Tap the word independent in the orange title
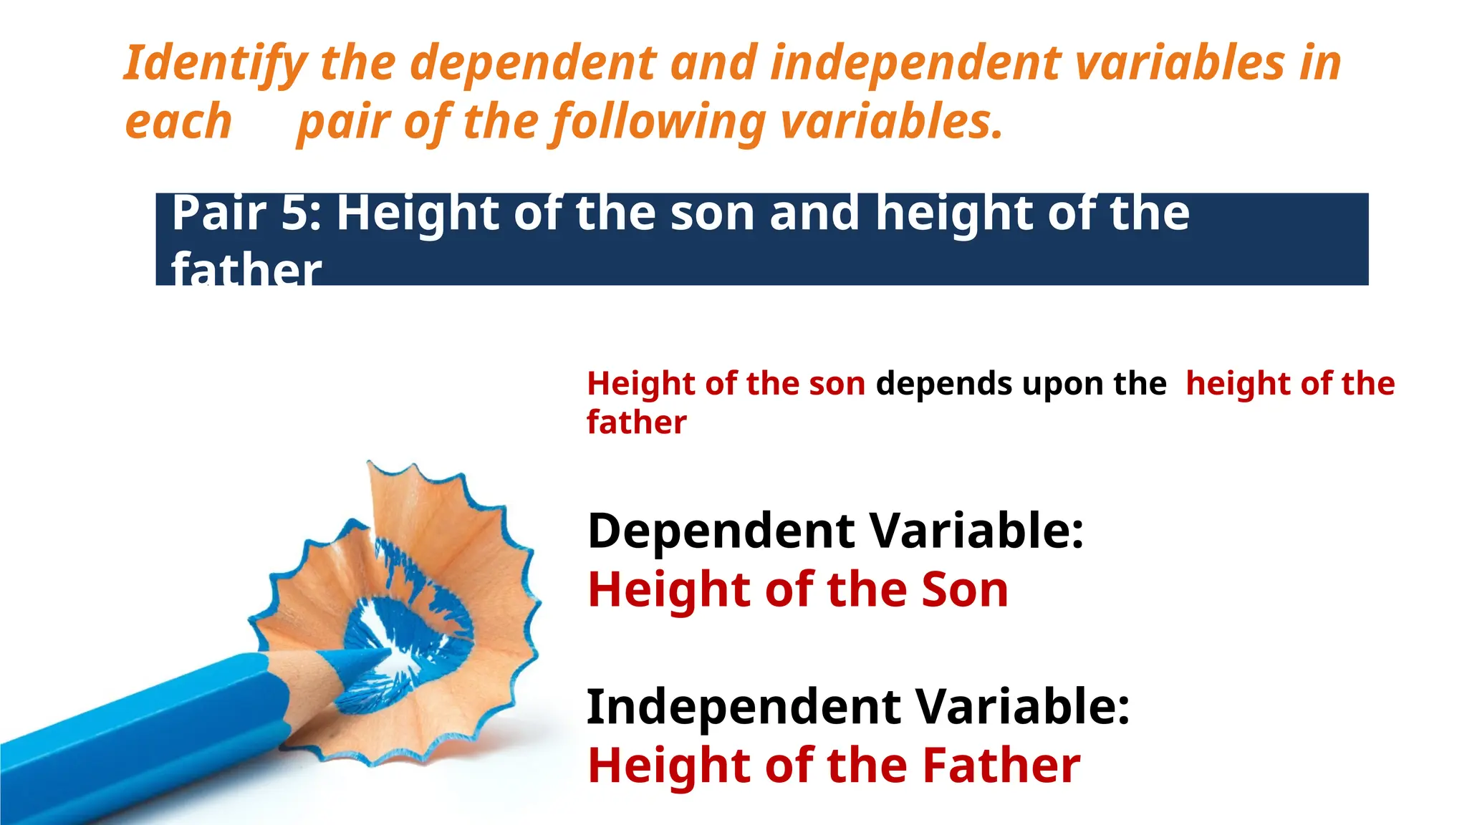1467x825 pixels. [x=915, y=63]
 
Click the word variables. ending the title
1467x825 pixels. [x=891, y=122]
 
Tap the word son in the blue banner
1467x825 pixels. [x=712, y=213]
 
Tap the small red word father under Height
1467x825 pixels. [x=636, y=423]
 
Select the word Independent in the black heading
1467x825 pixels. [x=744, y=708]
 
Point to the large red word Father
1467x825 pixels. [x=1001, y=766]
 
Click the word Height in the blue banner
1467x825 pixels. [x=419, y=213]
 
